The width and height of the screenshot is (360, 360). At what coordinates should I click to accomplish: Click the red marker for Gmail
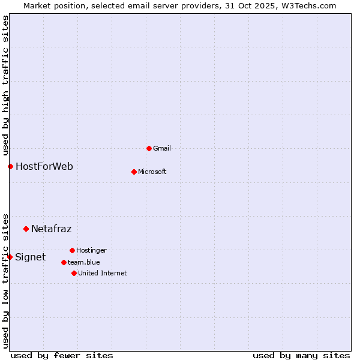[149, 148]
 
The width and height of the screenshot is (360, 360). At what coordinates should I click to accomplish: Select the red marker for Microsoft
[134, 172]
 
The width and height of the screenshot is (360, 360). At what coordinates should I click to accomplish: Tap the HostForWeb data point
[10, 166]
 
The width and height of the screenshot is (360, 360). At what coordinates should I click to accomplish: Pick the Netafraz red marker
[26, 229]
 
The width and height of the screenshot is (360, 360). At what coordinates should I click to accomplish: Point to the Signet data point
[10, 257]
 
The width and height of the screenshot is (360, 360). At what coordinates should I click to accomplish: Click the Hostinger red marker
[72, 250]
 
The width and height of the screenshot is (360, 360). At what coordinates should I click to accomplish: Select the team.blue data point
[64, 262]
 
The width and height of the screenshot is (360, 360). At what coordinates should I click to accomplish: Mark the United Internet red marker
[74, 273]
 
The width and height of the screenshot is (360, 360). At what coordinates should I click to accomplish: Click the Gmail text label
[162, 148]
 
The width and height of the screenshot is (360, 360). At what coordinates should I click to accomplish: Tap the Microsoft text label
[152, 172]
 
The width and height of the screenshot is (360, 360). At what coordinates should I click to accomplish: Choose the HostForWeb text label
[44, 166]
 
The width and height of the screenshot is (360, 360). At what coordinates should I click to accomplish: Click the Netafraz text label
[52, 229]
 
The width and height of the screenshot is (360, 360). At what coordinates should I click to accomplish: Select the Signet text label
[30, 257]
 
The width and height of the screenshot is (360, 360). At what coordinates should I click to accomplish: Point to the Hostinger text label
[91, 250]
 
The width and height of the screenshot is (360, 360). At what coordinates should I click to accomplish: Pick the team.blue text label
[84, 262]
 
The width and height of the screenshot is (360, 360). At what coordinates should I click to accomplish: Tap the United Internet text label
[103, 273]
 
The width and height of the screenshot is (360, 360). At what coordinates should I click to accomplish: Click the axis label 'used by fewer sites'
[62, 355]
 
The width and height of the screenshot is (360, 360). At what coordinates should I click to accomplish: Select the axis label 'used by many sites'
[301, 355]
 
